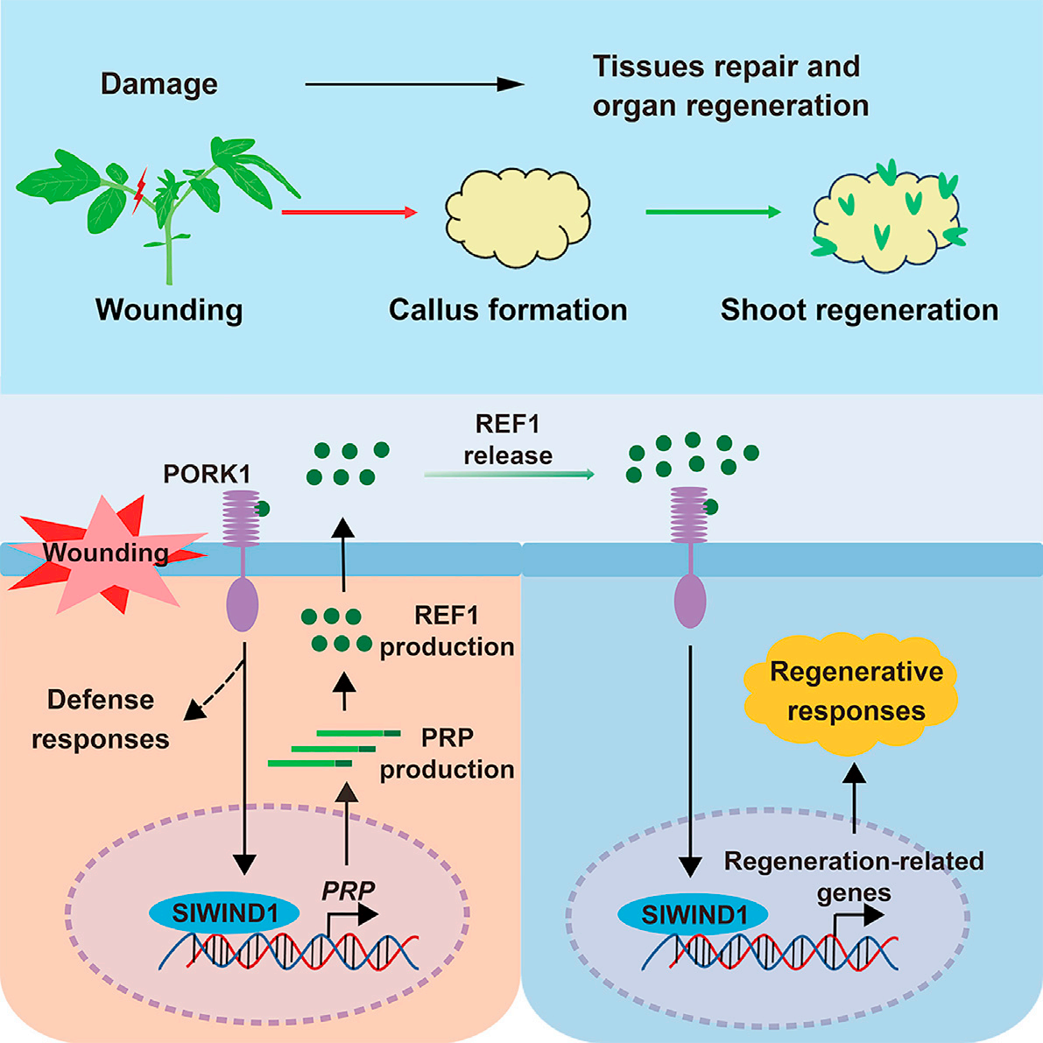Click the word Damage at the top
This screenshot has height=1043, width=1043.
click(159, 84)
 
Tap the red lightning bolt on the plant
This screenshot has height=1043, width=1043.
click(138, 193)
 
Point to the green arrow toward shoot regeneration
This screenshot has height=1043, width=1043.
click(712, 212)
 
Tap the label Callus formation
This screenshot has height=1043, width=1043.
click(507, 310)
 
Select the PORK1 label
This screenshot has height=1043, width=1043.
click(207, 474)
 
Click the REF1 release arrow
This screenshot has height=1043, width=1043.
click(509, 474)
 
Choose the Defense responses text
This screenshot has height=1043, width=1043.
click(101, 719)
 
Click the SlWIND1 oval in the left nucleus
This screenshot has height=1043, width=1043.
click(224, 913)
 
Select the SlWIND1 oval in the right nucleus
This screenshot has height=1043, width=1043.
click(694, 915)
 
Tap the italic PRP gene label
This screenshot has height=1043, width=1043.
click(348, 890)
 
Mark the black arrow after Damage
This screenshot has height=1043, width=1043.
click(413, 85)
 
